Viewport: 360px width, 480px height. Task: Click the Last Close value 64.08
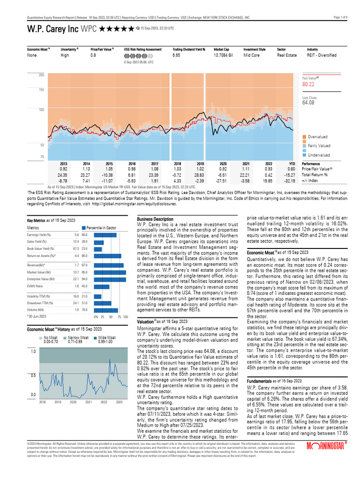click(308, 102)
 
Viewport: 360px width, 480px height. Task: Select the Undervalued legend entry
click(319, 155)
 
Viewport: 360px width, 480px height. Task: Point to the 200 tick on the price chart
click(41, 75)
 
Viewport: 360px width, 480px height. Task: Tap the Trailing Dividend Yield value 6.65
click(176, 55)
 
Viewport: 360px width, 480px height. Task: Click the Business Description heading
click(155, 219)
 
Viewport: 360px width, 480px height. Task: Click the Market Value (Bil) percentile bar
click(110, 272)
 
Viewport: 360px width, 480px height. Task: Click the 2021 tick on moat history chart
click(89, 402)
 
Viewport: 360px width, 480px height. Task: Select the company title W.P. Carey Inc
click(53, 29)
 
